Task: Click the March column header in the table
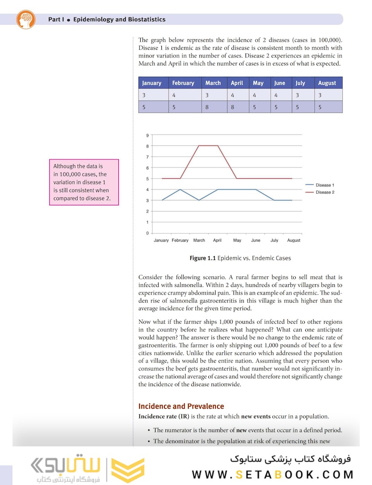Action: pyautogui.click(x=213, y=83)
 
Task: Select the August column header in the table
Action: pyautogui.click(x=327, y=83)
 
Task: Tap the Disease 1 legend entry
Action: pyautogui.click(x=324, y=185)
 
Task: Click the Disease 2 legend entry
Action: pyautogui.click(x=324, y=192)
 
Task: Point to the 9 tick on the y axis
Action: pyautogui.click(x=147, y=135)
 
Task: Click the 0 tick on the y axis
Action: pyautogui.click(x=147, y=233)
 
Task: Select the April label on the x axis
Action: pyautogui.click(x=217, y=240)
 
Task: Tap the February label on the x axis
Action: pyautogui.click(x=180, y=240)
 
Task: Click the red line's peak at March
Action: pyautogui.click(x=199, y=145)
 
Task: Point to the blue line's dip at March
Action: pyautogui.click(x=199, y=200)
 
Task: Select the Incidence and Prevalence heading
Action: pyautogui.click(x=181, y=406)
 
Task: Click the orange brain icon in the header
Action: pyautogui.click(x=26, y=20)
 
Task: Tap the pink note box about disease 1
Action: pyautogui.click(x=84, y=182)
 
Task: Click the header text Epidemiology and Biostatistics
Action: pyautogui.click(x=119, y=20)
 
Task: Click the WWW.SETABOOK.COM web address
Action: pyautogui.click(x=273, y=475)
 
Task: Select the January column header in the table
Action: pyautogui.click(x=151, y=83)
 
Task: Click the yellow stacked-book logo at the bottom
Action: pyautogui.click(x=128, y=470)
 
